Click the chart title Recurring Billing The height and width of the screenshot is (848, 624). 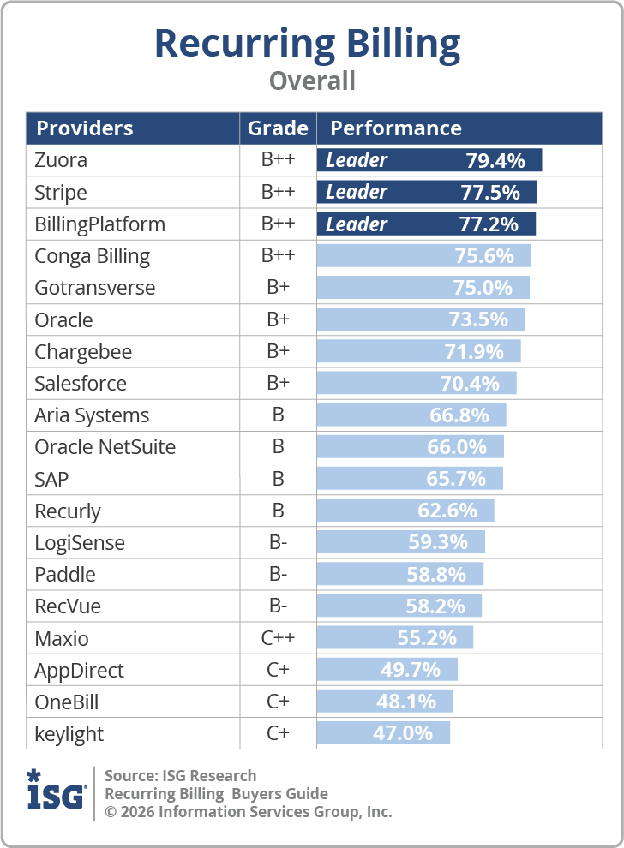[x=308, y=45]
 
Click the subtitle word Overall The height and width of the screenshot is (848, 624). [x=312, y=81]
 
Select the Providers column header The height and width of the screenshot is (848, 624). [x=84, y=128]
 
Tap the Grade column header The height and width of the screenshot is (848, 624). [x=278, y=128]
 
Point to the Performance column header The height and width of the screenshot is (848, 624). [x=396, y=128]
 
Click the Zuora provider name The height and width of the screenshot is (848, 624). [x=61, y=160]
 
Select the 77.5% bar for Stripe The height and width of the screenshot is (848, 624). [x=427, y=192]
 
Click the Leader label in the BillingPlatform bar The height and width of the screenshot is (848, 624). [x=356, y=224]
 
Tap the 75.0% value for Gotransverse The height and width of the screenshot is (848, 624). [x=483, y=288]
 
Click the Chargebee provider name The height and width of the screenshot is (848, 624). [x=83, y=352]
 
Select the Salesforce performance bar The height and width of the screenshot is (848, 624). [x=417, y=383]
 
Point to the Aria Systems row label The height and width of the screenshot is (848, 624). [x=92, y=415]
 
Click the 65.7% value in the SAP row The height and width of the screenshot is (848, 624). [x=456, y=479]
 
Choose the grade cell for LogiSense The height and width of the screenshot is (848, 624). [x=279, y=542]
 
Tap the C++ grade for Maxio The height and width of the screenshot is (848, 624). [x=278, y=637]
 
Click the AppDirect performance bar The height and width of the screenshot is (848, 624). [x=387, y=670]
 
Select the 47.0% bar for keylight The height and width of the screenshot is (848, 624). [x=383, y=733]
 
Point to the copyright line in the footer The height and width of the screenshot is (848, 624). [x=248, y=812]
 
